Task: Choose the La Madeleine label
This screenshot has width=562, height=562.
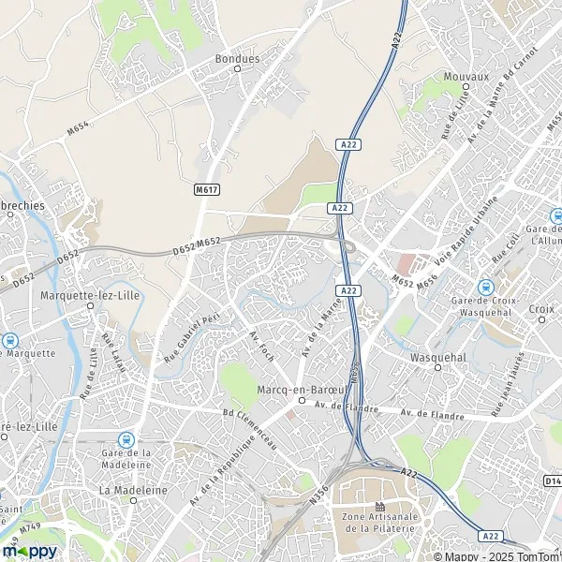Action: point(131,490)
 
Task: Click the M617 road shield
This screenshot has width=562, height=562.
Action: point(207,189)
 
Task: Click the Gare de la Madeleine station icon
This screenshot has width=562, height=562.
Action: point(126,438)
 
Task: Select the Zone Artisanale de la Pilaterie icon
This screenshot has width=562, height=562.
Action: point(379,507)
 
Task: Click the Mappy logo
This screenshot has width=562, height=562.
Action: point(30,550)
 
